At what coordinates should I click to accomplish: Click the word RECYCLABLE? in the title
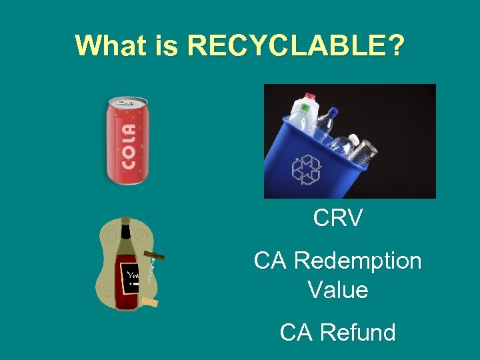[295, 45]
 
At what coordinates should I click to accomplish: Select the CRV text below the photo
[338, 218]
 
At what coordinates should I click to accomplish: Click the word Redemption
[357, 261]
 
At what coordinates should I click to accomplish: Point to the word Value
[338, 290]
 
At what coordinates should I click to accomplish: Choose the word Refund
[357, 332]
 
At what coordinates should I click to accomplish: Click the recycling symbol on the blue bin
[306, 169]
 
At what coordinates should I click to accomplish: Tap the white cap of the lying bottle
[354, 140]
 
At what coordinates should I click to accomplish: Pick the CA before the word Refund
[295, 332]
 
